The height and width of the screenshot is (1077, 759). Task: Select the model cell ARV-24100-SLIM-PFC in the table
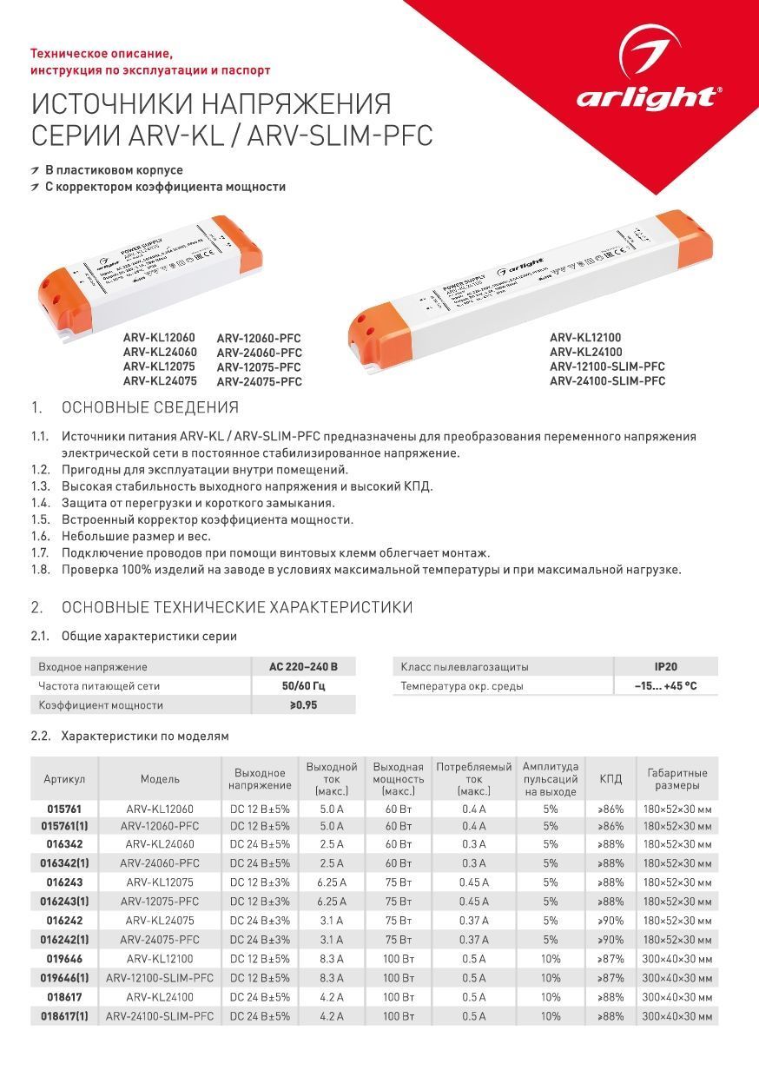pyautogui.click(x=160, y=1015)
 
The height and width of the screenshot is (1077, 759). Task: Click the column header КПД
pyautogui.click(x=610, y=779)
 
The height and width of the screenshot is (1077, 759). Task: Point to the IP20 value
pyautogui.click(x=666, y=667)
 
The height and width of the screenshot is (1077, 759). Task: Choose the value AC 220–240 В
pyautogui.click(x=303, y=667)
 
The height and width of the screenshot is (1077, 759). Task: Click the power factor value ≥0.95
pyautogui.click(x=303, y=705)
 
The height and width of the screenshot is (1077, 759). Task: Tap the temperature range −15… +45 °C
pyautogui.click(x=666, y=686)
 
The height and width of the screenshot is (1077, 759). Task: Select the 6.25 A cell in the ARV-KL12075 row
pyautogui.click(x=332, y=882)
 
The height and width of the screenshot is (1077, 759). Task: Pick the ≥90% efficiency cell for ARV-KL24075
pyautogui.click(x=610, y=920)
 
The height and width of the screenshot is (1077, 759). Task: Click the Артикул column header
pyautogui.click(x=65, y=779)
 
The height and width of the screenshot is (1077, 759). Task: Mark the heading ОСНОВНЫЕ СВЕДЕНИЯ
pyautogui.click(x=149, y=408)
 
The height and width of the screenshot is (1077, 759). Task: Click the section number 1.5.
pyautogui.click(x=40, y=519)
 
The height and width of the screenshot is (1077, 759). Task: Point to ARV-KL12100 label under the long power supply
pyautogui.click(x=585, y=337)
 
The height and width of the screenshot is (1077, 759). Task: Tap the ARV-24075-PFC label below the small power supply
pyautogui.click(x=259, y=381)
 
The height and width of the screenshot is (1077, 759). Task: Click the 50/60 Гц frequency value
pyautogui.click(x=303, y=686)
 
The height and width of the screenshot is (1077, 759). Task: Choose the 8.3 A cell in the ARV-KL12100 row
pyautogui.click(x=332, y=958)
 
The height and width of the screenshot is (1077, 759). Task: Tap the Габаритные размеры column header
pyautogui.click(x=677, y=779)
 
